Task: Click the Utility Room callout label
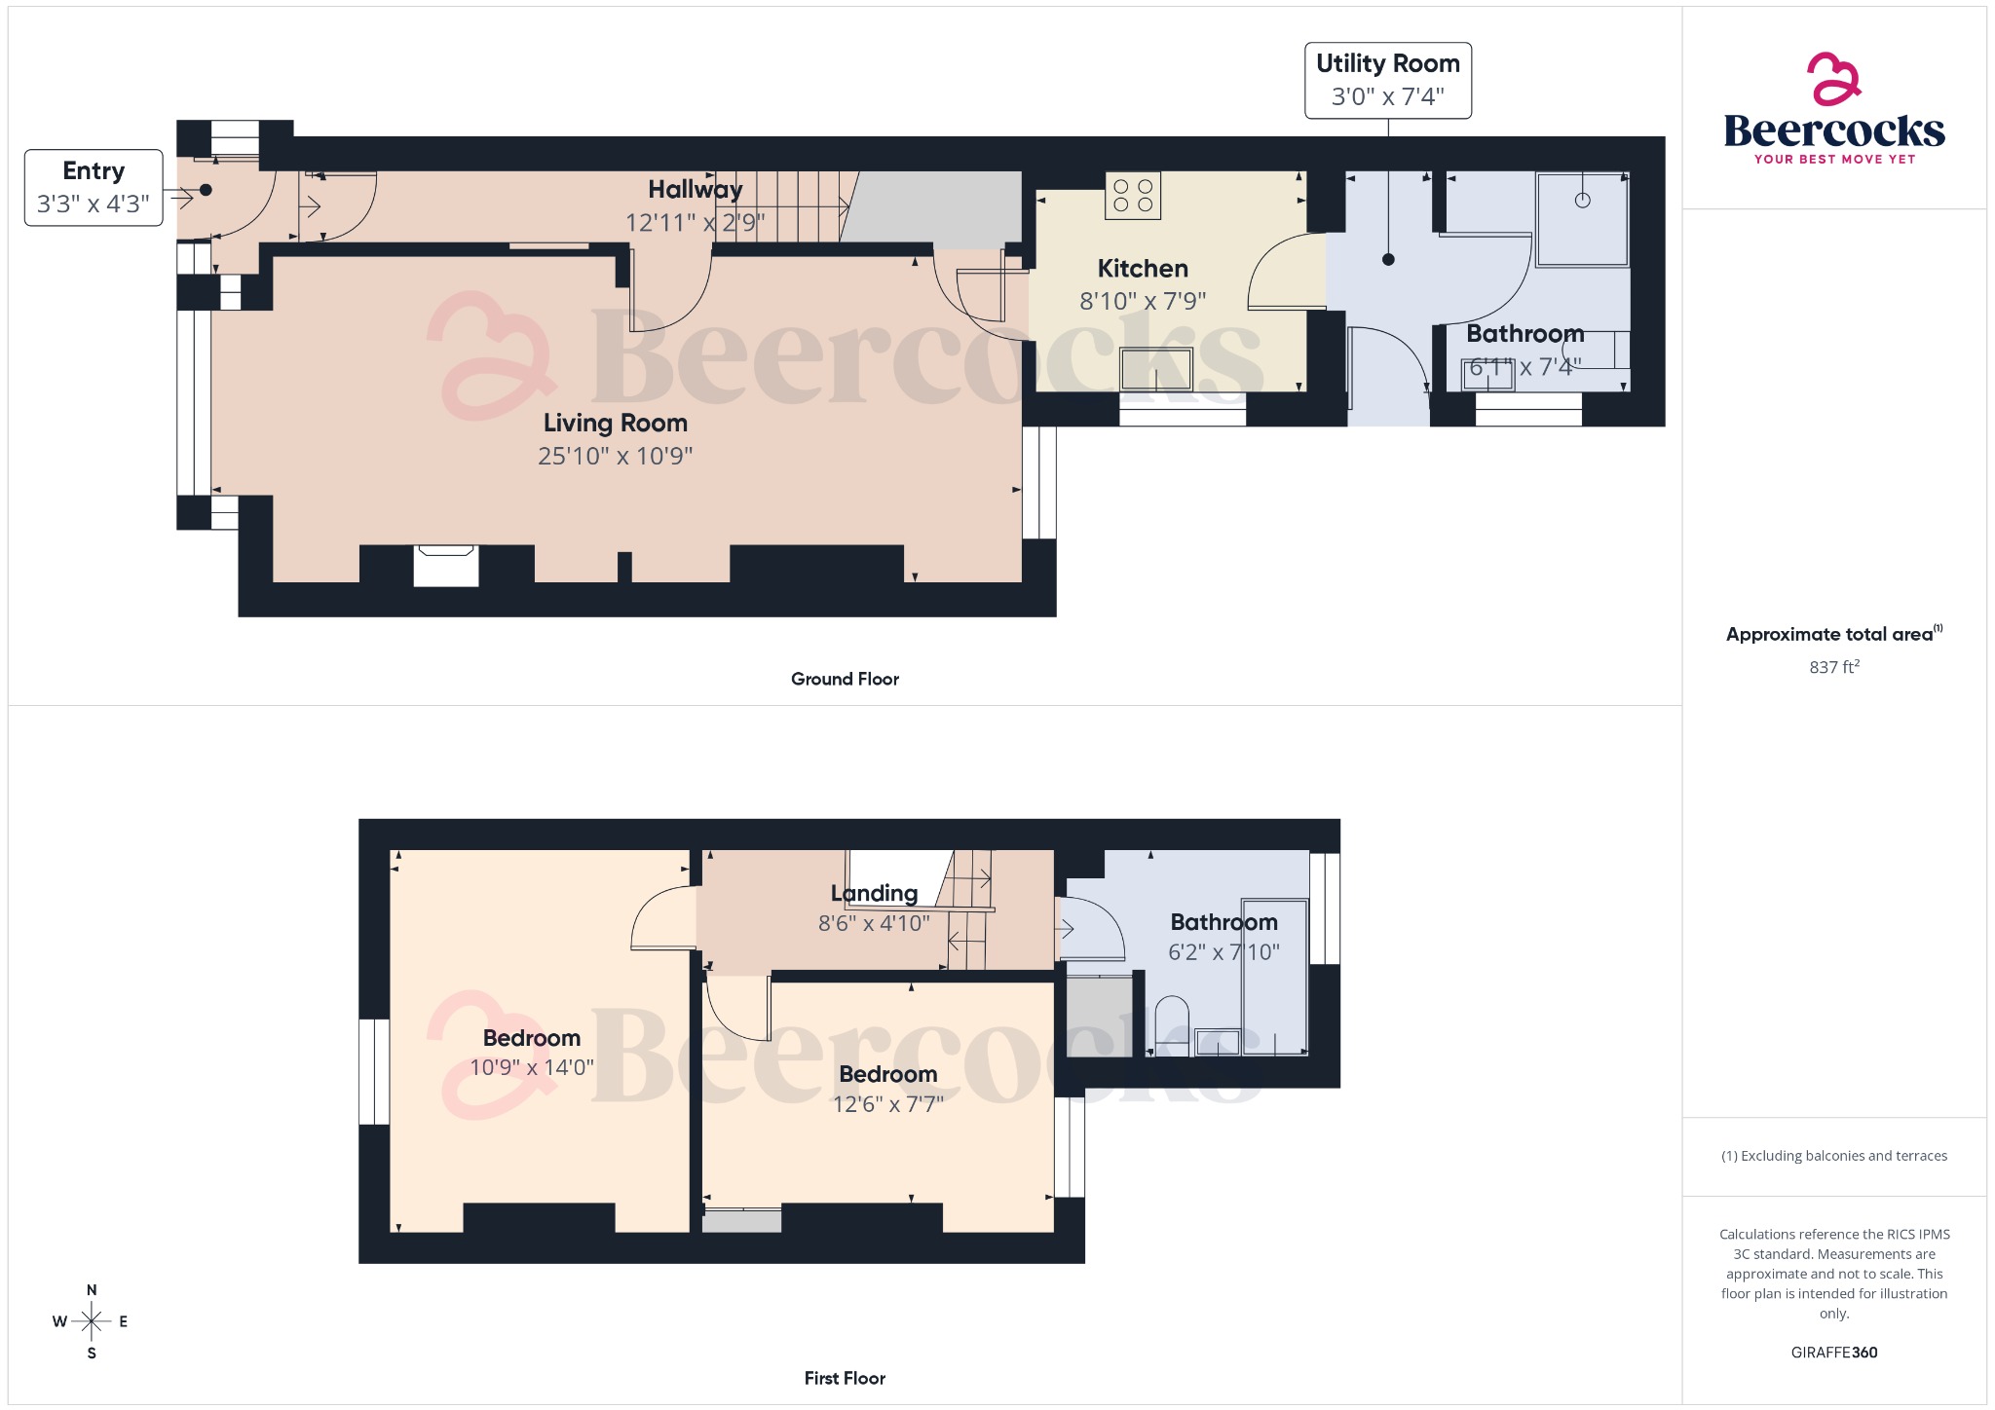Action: tap(1387, 80)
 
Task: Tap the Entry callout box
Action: tap(94, 187)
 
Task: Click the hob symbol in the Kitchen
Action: tap(1133, 195)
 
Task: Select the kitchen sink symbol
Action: tap(1156, 368)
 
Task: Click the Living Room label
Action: tap(615, 423)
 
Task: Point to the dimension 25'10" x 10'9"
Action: tap(615, 456)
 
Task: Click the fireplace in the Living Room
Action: tap(446, 566)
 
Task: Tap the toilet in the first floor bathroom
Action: tap(1172, 1024)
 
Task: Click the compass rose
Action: tap(92, 1321)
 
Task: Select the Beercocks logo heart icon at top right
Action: tap(1833, 79)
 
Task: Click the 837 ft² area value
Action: tap(1833, 667)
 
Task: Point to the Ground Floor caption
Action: tap(845, 679)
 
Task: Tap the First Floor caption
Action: tap(845, 1378)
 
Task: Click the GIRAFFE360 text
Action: tap(1833, 1353)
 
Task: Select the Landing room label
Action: tap(874, 893)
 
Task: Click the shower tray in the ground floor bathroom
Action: tap(1582, 219)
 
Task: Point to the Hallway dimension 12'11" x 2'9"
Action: tap(695, 223)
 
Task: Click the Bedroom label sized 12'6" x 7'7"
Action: tap(887, 1074)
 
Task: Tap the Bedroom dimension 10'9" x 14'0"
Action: tap(531, 1067)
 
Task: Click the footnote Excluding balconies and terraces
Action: tap(1833, 1156)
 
